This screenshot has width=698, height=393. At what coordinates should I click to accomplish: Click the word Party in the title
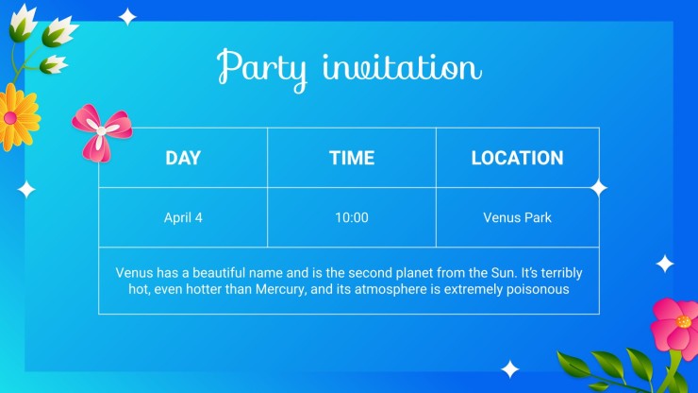262,70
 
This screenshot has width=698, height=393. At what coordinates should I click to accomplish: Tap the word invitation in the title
402,68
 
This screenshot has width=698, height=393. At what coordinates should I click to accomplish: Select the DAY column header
183,158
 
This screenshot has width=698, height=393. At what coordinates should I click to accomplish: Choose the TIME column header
352,158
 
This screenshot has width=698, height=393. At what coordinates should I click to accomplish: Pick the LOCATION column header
517,158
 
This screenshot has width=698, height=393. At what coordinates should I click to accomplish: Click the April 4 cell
183,217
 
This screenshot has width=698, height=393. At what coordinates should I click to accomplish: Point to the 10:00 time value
352,217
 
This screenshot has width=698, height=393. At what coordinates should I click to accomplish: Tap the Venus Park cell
517,217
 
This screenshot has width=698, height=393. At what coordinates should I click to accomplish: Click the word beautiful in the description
219,273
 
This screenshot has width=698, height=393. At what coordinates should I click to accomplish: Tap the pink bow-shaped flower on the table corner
102,132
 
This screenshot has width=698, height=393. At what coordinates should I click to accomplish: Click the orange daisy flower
18,117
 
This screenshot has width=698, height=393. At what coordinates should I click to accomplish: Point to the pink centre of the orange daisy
9,118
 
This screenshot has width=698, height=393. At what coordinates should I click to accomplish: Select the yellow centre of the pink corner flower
683,321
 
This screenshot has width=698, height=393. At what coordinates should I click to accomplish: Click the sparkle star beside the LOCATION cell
599,188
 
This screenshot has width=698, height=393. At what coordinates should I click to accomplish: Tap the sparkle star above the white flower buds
127,16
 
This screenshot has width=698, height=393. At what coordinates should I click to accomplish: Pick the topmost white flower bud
23,23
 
